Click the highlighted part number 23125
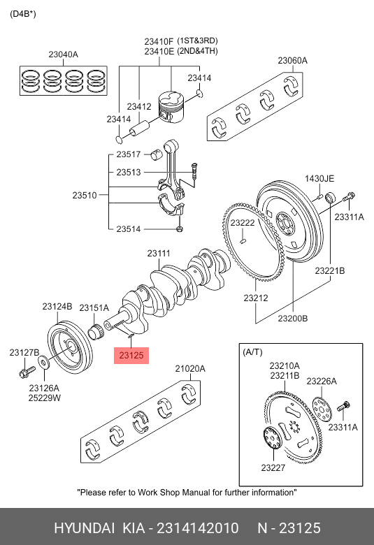tap(131, 356)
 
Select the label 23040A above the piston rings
tap(63, 54)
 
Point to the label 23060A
tap(292, 61)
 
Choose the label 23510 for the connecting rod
tap(84, 196)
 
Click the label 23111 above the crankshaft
tap(159, 254)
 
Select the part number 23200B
tap(292, 318)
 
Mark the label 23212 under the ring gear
tap(255, 298)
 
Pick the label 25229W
tap(44, 398)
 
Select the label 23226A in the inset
tap(322, 381)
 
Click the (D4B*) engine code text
tap(23, 14)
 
